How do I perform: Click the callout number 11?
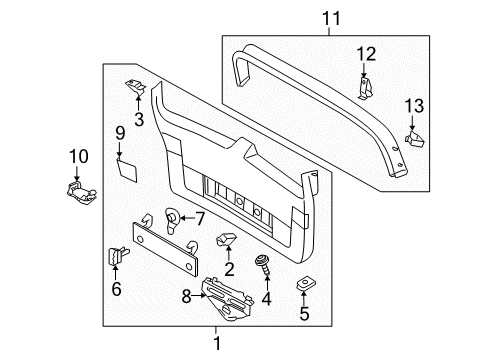coord(331,18)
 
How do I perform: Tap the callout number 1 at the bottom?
coord(217,343)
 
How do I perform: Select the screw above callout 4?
coord(262,265)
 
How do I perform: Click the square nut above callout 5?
coord(306,284)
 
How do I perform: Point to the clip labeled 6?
coord(117,256)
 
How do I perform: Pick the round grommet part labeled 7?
coord(173,220)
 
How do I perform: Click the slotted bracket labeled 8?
coord(228,299)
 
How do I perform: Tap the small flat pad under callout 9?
coord(127,170)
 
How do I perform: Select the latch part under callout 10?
coord(80,192)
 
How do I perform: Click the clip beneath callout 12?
coord(366,88)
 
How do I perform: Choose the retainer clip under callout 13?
coord(415,139)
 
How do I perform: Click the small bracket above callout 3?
coord(136,87)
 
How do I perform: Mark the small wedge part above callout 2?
coord(227,239)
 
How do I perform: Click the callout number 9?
coord(120,133)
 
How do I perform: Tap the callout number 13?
coord(414,106)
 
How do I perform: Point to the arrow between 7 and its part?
coord(186,218)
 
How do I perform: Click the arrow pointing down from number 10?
coord(77,173)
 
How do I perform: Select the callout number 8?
coord(186,296)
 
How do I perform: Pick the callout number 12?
coord(366,54)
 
